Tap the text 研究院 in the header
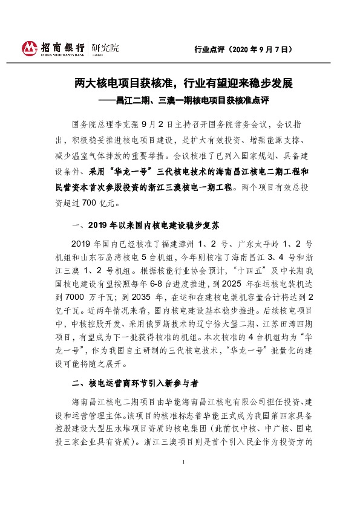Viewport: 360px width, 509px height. tap(105, 47)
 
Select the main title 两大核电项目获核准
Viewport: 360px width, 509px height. tap(121, 82)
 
